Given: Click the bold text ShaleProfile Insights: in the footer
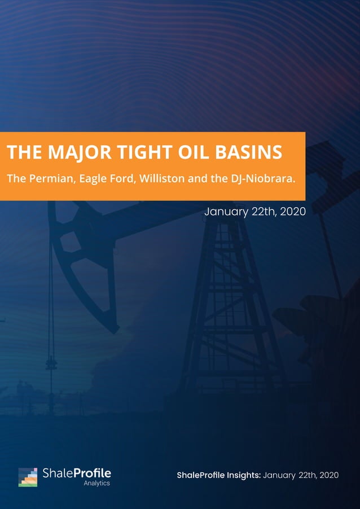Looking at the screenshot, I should point(218,475).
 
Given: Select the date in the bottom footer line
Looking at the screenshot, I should point(301,475).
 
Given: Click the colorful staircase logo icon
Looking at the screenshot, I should point(28,477).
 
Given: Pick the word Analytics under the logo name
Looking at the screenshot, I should point(97,484).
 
